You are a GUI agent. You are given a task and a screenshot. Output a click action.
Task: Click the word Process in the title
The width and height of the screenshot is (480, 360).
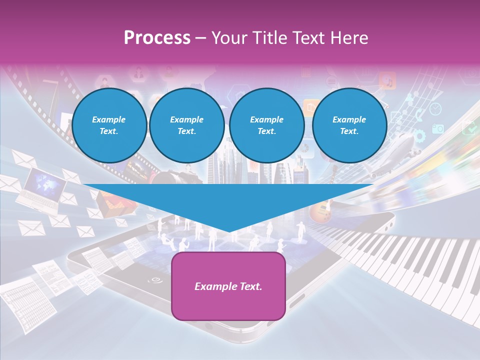click(157, 37)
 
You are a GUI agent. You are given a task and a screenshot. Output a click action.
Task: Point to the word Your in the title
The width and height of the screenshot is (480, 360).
click(229, 37)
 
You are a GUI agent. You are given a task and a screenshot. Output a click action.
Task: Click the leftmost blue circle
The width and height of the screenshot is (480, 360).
click(109, 125)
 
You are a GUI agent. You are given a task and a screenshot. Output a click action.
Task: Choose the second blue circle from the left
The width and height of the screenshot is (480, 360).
click(186, 125)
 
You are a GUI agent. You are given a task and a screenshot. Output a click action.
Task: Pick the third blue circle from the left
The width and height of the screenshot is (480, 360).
click(267, 125)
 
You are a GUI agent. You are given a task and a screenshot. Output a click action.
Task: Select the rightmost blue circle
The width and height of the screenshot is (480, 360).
click(349, 125)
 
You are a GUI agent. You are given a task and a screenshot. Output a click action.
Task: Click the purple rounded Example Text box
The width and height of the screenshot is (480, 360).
click(228, 286)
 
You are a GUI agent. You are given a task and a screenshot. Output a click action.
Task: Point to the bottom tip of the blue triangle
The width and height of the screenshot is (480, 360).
click(229, 231)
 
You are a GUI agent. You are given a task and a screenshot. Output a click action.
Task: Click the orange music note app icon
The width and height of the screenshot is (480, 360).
click(387, 80)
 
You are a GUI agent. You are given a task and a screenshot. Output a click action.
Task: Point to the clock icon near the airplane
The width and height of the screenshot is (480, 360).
click(435, 108)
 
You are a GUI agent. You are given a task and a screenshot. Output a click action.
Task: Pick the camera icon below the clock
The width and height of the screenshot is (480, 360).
click(438, 128)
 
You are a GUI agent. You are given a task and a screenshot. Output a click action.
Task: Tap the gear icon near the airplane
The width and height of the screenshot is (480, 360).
click(419, 135)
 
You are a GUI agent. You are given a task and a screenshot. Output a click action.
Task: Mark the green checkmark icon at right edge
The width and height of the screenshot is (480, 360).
click(470, 128)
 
